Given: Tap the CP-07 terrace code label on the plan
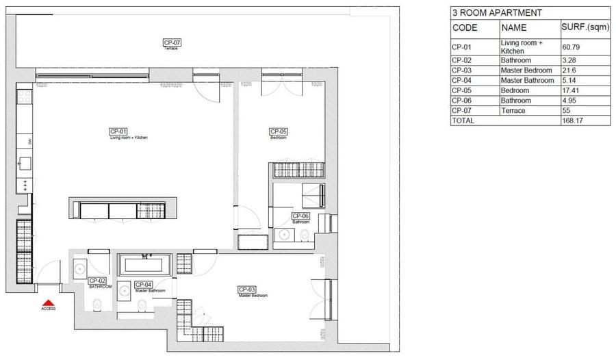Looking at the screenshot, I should click(171, 43).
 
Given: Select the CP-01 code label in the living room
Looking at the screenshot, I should click(118, 131).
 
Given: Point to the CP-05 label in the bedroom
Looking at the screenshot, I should click(277, 131).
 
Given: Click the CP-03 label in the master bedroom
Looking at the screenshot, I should click(246, 289).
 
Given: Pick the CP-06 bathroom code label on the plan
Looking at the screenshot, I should click(300, 216).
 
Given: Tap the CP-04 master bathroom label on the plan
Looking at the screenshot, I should click(143, 285).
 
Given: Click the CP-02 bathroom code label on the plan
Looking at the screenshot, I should click(97, 281).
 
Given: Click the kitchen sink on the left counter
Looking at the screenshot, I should click(25, 164).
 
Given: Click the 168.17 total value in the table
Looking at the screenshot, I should click(575, 120).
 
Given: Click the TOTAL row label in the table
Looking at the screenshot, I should click(463, 120).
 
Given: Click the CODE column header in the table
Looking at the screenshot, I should click(465, 28).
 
